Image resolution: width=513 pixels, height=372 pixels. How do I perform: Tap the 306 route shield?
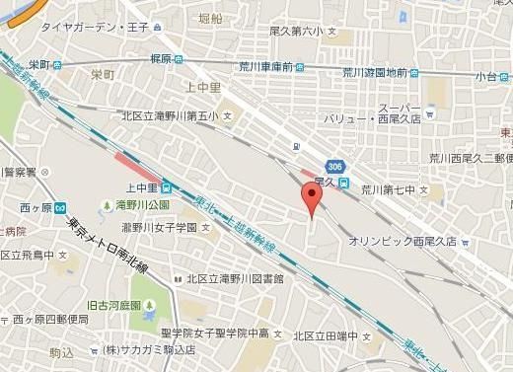pyautogui.click(x=336, y=165)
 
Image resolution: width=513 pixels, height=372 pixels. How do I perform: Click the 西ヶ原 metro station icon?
pyautogui.click(x=60, y=208)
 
